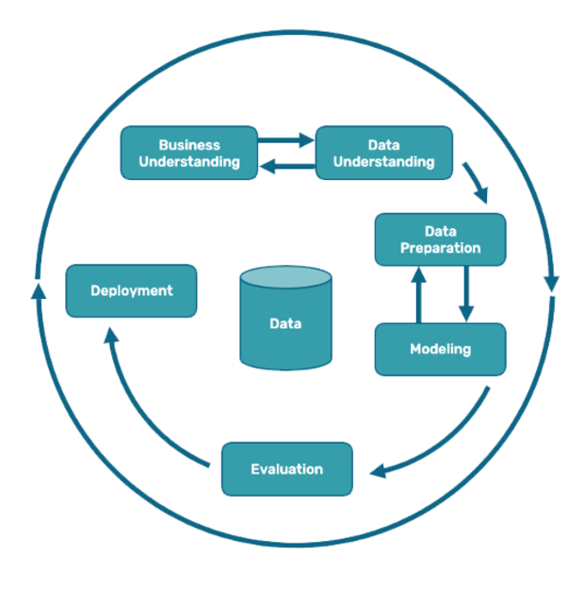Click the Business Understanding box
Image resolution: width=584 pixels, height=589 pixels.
point(188,153)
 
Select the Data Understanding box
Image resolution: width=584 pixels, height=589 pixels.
point(383,153)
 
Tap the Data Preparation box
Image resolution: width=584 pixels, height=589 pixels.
point(440,239)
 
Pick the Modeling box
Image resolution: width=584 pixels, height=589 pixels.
point(440,349)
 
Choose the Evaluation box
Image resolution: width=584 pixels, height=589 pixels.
point(287,468)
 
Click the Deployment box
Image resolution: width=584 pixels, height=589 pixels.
point(131,290)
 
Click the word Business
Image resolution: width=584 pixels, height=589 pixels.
point(188,145)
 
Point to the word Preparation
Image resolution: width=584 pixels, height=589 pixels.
point(440,248)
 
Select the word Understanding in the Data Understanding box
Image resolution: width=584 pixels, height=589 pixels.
point(383,161)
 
